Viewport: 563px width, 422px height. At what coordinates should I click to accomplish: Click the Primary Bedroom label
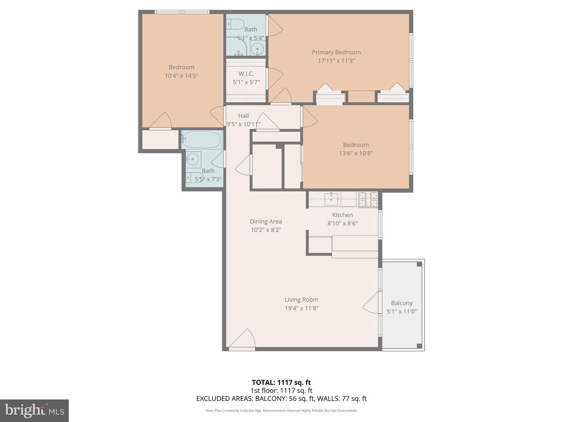pos(336,52)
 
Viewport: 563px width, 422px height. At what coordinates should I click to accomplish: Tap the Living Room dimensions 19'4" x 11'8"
pos(301,308)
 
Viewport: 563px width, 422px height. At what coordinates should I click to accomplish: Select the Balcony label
pos(402,303)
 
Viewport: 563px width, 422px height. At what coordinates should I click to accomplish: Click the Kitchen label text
pos(342,215)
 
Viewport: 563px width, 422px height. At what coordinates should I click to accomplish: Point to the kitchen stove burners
pos(368,199)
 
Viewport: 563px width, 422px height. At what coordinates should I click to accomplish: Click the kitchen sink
pos(331,199)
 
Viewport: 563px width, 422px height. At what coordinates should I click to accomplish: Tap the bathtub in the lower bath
pos(202,139)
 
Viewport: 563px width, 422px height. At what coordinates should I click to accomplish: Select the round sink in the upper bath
pos(257,49)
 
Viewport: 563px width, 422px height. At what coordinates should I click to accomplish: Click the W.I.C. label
pos(246,74)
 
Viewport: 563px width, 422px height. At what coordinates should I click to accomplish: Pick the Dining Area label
pos(266,222)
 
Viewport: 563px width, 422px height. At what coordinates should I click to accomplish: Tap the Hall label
pos(244,116)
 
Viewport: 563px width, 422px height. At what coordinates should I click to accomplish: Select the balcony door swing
pos(371,303)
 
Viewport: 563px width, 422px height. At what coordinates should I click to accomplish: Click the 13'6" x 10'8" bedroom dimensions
pos(356,153)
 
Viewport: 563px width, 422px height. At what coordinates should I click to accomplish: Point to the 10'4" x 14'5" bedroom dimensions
pos(181,76)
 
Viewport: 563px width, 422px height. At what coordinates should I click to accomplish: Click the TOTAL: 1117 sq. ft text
pos(281,383)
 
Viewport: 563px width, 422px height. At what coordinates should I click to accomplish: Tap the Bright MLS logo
pos(34,410)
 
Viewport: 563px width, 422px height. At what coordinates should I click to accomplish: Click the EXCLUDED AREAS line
pos(281,399)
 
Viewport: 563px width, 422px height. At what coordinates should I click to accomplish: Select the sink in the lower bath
pos(192,159)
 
